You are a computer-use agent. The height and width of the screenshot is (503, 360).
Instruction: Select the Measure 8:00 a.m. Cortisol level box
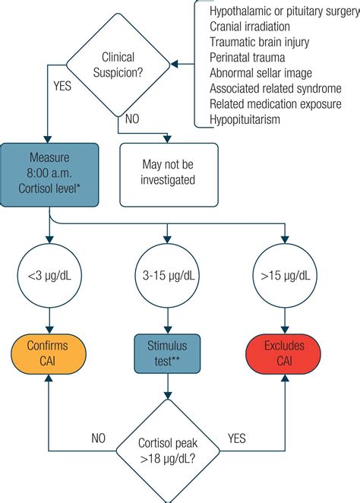point(49,174)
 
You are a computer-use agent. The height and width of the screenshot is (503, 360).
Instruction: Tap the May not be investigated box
point(169,172)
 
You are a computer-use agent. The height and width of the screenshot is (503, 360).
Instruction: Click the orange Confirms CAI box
point(49,353)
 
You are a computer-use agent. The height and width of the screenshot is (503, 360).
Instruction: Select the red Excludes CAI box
point(285,353)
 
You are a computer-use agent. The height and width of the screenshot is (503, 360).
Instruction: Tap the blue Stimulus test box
point(167,353)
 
